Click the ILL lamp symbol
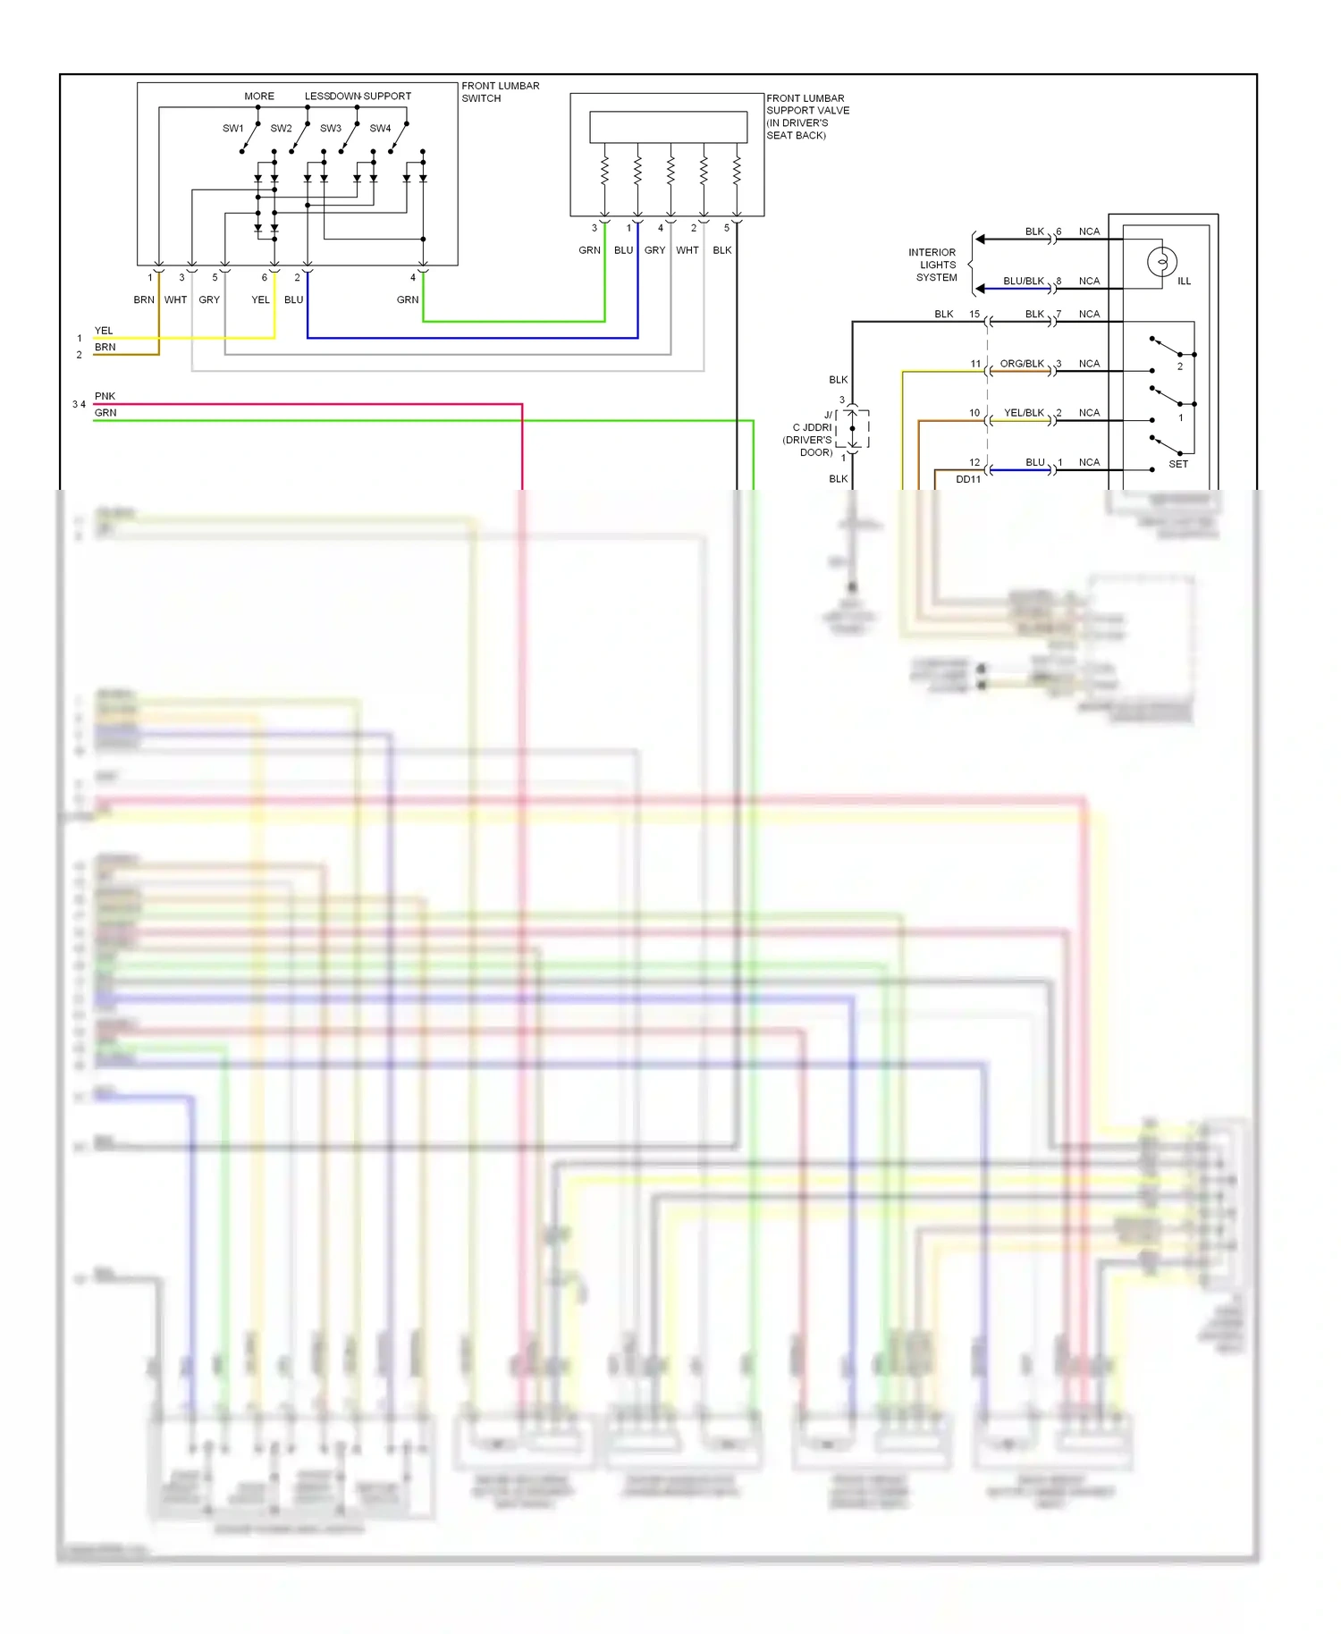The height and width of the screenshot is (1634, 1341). [1161, 262]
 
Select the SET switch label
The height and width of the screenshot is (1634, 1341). [1178, 464]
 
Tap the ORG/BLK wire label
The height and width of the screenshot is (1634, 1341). [1022, 364]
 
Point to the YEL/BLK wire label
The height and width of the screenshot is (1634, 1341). [1024, 413]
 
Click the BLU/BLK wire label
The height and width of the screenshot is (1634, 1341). [1024, 281]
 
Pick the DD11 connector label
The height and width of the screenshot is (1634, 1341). [968, 479]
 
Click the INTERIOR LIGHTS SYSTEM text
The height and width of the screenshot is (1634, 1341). [933, 265]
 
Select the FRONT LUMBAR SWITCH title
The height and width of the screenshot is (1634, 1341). [500, 92]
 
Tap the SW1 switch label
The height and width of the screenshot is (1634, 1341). [232, 129]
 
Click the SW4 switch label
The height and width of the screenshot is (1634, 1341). [380, 129]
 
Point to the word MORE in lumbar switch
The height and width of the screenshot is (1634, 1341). [259, 97]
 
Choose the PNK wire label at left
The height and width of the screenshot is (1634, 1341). [105, 396]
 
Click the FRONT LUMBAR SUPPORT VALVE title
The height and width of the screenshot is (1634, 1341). [806, 116]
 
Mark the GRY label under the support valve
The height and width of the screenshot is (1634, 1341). [654, 250]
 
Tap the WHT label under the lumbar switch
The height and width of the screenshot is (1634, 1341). [175, 299]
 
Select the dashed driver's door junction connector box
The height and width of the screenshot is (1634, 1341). [852, 429]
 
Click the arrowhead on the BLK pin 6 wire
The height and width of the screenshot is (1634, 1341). [980, 240]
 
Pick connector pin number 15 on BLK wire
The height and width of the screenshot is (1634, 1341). [974, 315]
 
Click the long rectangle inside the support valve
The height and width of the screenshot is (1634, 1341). [668, 127]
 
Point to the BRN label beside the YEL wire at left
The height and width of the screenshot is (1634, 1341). [105, 347]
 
